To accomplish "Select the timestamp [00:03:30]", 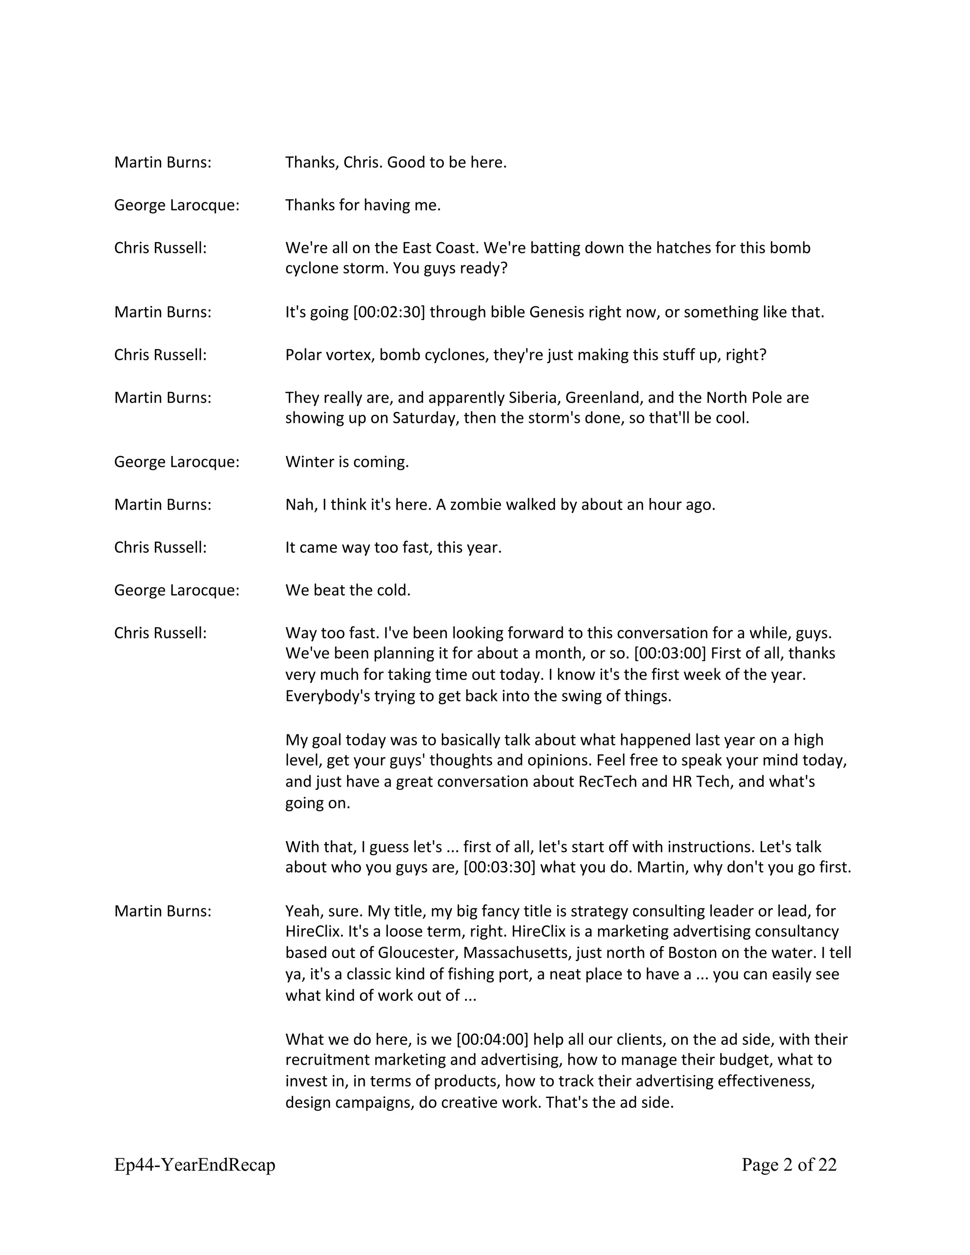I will pyautogui.click(x=499, y=867).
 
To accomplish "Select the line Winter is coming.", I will pyautogui.click(x=347, y=462).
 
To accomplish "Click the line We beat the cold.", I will pyautogui.click(x=348, y=590).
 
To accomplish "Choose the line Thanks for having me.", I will pyautogui.click(x=363, y=205).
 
